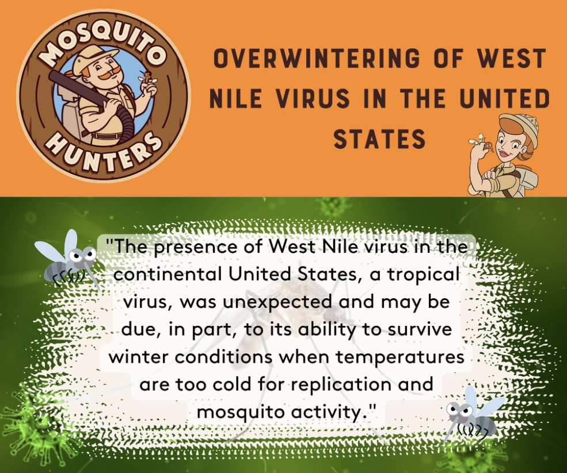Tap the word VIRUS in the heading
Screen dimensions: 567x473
pyautogui.click(x=313, y=98)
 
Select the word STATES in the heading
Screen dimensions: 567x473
pyautogui.click(x=379, y=139)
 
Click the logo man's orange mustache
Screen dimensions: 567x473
pyautogui.click(x=109, y=75)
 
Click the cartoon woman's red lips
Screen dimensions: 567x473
pyautogui.click(x=503, y=155)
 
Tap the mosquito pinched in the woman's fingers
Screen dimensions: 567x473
pyautogui.click(x=483, y=143)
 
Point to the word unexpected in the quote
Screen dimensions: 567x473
pyautogui.click(x=277, y=302)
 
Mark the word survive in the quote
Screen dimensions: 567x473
pyautogui.click(x=420, y=329)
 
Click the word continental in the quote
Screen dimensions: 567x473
pyautogui.click(x=168, y=275)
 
